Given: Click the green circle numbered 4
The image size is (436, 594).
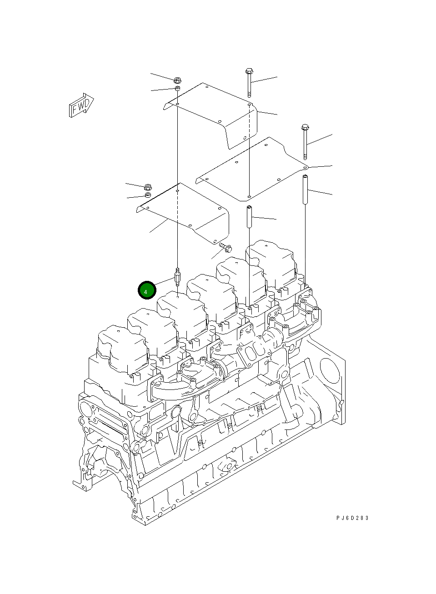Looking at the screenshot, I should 147,290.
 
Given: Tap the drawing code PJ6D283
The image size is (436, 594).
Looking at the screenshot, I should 352,518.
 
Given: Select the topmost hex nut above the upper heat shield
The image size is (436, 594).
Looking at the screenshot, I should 178,80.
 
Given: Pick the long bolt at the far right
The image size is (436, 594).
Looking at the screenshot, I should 305,142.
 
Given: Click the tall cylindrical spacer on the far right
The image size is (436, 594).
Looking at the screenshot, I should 305,189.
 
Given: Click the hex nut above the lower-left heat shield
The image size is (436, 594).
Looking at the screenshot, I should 147,187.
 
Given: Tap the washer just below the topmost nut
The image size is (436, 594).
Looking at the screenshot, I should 178,88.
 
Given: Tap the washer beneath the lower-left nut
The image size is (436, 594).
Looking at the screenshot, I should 147,195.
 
